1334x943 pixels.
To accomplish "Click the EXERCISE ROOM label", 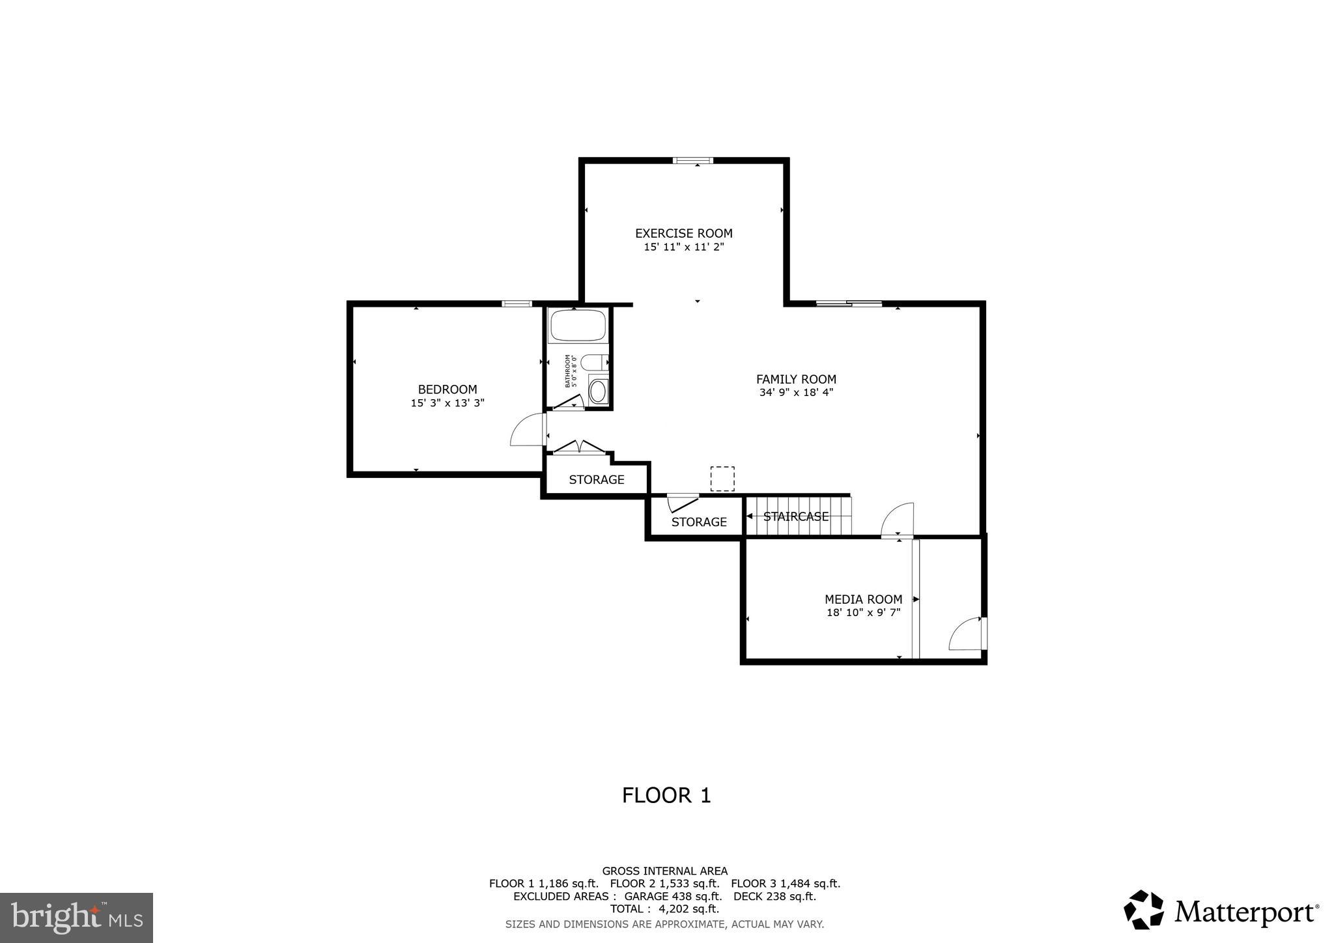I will click(x=683, y=233).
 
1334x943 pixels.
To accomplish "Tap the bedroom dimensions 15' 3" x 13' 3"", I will click(x=447, y=403).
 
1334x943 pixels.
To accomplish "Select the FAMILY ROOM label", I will click(x=796, y=379).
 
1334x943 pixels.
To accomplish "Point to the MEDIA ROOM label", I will click(x=863, y=599).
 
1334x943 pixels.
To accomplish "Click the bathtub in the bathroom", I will click(x=578, y=326).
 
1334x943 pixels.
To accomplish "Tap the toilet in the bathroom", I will click(x=594, y=362).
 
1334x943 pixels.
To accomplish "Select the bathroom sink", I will click(x=597, y=391).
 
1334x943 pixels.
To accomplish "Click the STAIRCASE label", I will click(x=796, y=516).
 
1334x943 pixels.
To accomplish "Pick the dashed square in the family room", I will click(x=722, y=479).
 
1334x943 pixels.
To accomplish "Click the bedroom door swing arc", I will click(x=526, y=430).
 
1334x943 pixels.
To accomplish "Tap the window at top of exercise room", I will click(x=693, y=160).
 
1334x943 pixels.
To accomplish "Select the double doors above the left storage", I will click(x=579, y=447).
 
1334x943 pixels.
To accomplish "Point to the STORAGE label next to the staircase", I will click(x=699, y=522).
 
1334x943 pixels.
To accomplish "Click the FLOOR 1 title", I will click(x=666, y=795).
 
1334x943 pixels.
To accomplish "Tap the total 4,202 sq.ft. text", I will click(x=664, y=908).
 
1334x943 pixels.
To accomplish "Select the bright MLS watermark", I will click(x=76, y=918).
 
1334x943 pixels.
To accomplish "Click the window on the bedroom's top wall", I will click(x=517, y=303).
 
